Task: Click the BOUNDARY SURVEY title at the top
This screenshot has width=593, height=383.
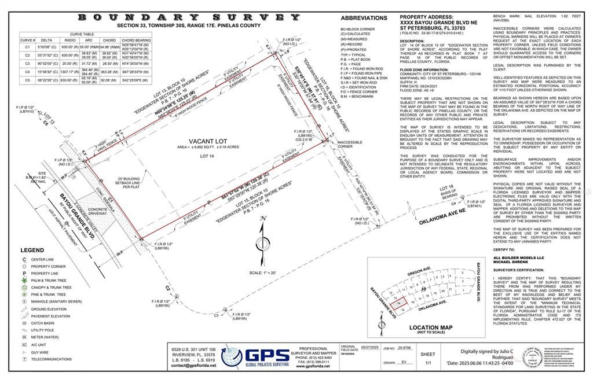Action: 189,17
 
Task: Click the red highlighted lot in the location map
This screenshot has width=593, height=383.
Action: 397,303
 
